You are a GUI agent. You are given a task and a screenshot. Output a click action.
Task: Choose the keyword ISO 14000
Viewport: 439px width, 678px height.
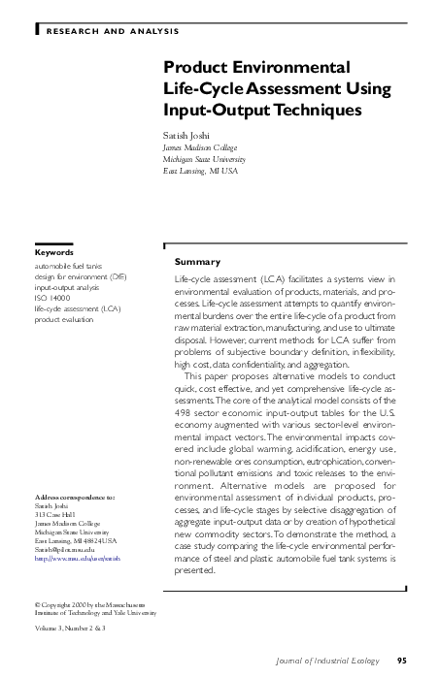52,298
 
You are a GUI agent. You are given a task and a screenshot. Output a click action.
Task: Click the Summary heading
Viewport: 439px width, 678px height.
197,262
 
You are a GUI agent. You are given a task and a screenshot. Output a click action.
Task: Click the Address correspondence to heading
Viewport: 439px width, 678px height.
81,497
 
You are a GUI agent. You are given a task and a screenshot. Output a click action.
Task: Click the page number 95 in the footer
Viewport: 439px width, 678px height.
415,662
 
